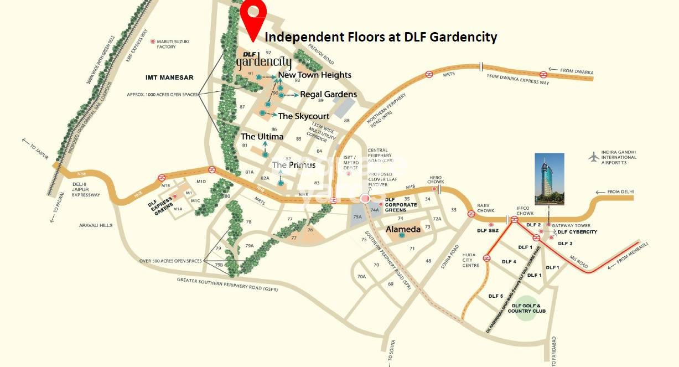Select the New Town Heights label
[x=314, y=75]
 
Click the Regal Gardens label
[x=328, y=94]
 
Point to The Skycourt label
[x=303, y=116]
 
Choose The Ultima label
[x=262, y=136]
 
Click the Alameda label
[x=403, y=229]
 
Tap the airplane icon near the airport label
[x=594, y=157]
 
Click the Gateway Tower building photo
[x=550, y=179]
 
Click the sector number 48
[x=428, y=260]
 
